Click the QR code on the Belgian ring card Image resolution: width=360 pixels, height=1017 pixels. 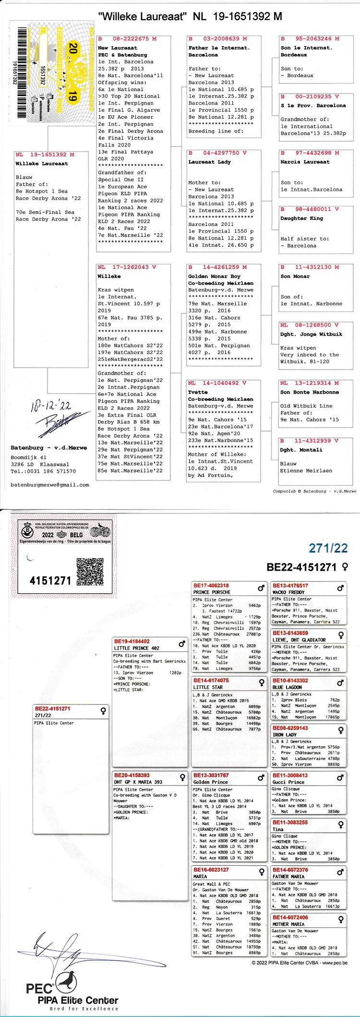(x=90, y=571)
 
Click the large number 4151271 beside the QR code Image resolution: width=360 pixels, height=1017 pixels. (x=50, y=580)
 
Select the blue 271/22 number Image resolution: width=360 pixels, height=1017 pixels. (x=328, y=548)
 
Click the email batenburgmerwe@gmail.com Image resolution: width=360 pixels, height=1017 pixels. (x=50, y=485)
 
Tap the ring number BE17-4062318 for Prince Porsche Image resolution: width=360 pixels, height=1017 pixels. (x=211, y=586)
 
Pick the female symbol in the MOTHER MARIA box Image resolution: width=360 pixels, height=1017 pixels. (x=340, y=919)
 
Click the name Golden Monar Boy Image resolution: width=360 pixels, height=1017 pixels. (x=214, y=276)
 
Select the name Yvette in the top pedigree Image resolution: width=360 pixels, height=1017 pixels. (x=198, y=392)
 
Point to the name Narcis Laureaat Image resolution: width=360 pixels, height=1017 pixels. (x=305, y=162)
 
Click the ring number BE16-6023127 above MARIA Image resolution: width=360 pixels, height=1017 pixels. (x=211, y=870)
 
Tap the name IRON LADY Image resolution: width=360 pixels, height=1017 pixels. (x=285, y=735)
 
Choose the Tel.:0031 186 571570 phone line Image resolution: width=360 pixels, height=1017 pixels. (x=43, y=471)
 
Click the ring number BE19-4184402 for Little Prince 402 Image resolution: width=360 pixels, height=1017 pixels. (x=132, y=641)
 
